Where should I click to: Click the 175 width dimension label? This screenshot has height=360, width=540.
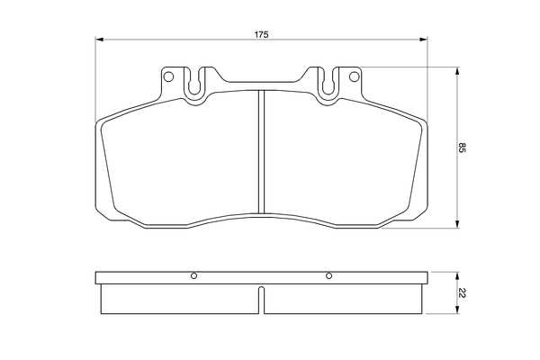pos(261,34)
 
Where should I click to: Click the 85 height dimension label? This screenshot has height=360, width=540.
pos(462,148)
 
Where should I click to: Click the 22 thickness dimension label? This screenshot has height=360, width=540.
pos(462,293)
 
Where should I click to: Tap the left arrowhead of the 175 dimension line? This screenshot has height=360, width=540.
pos(99,40)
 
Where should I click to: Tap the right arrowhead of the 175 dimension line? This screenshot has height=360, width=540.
pos(423,40)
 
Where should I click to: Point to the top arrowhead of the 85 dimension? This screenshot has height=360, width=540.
pos(457,71)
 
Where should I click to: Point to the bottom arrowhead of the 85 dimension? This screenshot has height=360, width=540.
pos(457,224)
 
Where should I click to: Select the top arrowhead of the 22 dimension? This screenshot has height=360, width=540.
pos(457,275)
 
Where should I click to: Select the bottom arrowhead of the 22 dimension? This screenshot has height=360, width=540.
pos(457,310)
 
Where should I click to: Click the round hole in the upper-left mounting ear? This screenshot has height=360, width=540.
pos(168,76)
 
